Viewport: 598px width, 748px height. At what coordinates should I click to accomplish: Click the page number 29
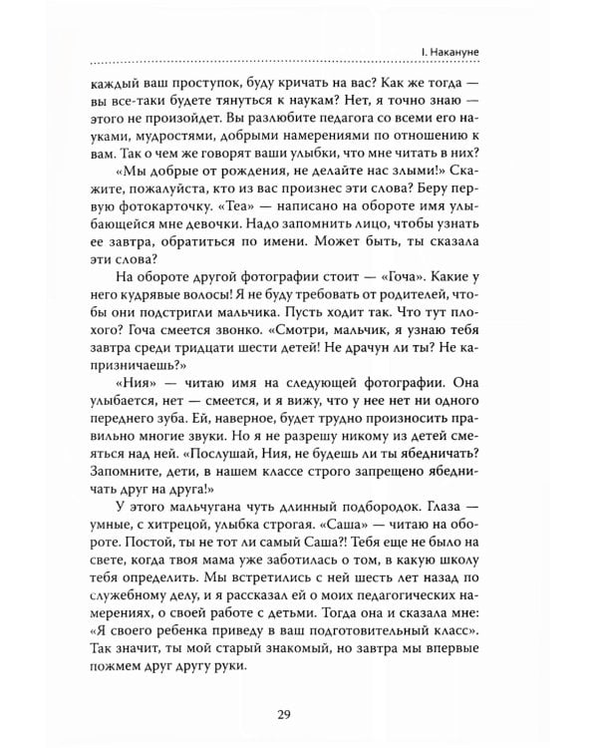click(298, 713)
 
